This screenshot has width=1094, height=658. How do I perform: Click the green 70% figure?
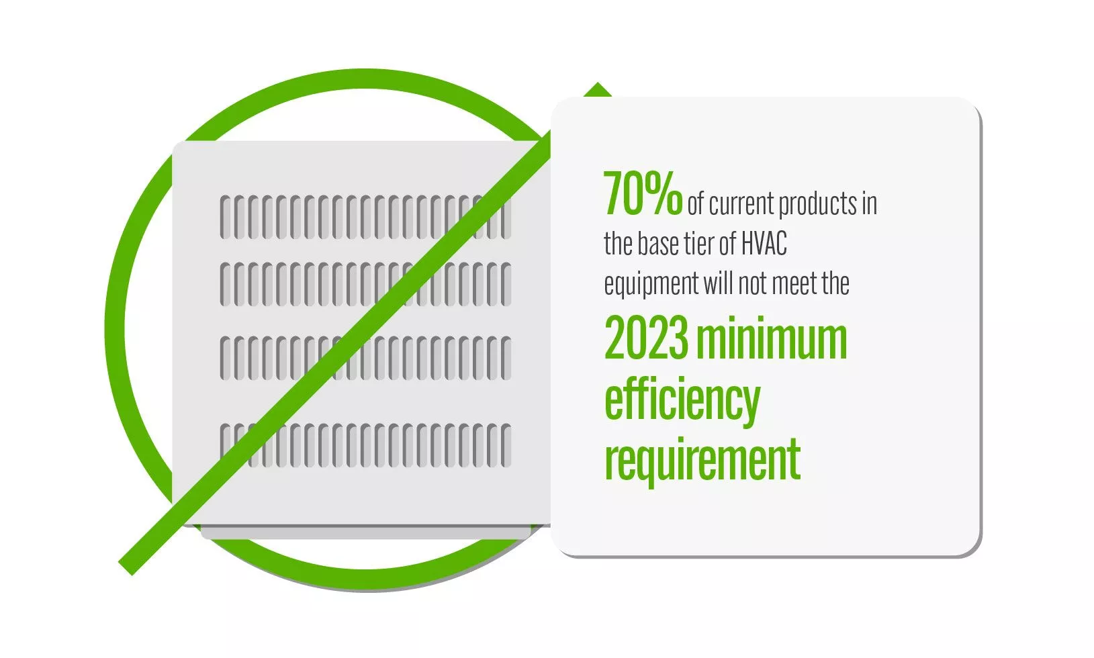click(x=643, y=194)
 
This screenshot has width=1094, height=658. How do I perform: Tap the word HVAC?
click(x=764, y=244)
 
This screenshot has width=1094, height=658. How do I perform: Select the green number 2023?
click(x=646, y=337)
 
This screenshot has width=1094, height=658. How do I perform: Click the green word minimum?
click(x=772, y=337)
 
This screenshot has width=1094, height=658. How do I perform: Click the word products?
click(x=817, y=203)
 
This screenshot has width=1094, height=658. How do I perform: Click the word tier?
click(x=701, y=244)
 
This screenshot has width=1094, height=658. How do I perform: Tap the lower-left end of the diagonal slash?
click(x=126, y=569)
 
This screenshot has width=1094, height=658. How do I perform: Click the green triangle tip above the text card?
click(x=597, y=83)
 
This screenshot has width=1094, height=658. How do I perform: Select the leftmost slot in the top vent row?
click(x=225, y=218)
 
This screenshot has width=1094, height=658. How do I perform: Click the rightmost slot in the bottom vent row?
click(x=506, y=446)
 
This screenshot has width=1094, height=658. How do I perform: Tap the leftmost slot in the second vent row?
click(x=225, y=285)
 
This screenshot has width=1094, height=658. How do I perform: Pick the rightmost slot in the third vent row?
click(x=506, y=359)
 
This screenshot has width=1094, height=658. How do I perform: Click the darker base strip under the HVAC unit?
click(x=366, y=532)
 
